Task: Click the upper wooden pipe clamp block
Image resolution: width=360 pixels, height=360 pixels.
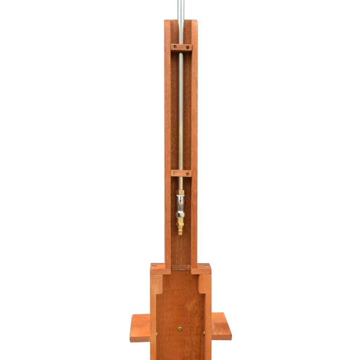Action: (181, 48)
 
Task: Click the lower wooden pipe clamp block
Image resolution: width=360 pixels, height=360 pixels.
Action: (181, 173)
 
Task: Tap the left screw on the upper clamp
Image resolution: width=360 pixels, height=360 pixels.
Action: (175, 47)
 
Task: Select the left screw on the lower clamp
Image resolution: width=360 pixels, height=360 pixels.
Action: (175, 173)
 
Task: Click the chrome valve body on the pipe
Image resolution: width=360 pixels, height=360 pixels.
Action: (180, 206)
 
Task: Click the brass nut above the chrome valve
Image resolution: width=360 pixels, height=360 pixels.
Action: (180, 192)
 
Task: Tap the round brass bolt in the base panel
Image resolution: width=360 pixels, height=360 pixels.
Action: (180, 329)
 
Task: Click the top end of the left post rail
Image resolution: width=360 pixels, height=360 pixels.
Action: (167, 22)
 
